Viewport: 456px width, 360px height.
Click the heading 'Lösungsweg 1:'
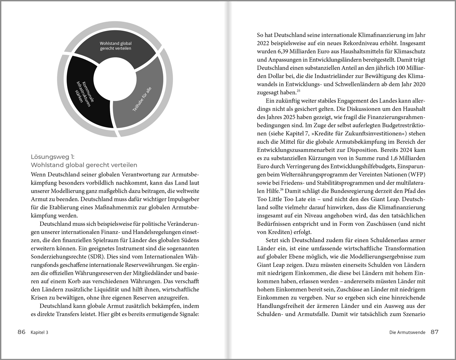[x=53, y=157]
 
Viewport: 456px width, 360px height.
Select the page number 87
[x=434, y=332]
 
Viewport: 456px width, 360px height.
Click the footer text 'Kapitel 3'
[x=39, y=332]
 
